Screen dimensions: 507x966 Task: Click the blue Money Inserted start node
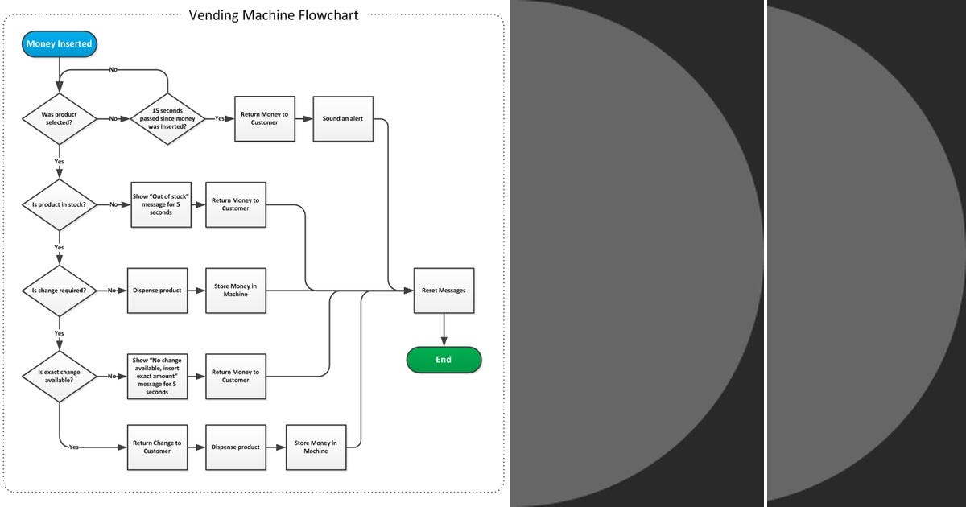[x=60, y=43]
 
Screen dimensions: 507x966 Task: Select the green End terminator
[x=444, y=360]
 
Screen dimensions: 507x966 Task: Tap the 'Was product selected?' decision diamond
[x=59, y=118]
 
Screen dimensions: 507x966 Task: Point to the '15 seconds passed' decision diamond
[x=167, y=118]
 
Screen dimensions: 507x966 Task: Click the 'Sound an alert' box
[x=343, y=118]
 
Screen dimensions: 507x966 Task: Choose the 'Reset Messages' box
[x=444, y=290]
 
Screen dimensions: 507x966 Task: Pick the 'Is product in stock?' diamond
[x=59, y=204]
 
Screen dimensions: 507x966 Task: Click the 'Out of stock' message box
[x=160, y=204]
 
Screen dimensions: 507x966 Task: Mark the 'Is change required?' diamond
[x=59, y=290]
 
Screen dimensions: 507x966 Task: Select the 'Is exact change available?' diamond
[x=59, y=376]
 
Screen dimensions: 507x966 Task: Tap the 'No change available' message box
[x=157, y=376]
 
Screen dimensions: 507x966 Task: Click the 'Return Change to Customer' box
[x=157, y=447]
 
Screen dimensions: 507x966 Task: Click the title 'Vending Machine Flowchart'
[x=274, y=14]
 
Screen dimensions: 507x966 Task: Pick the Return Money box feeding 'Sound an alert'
[x=264, y=118]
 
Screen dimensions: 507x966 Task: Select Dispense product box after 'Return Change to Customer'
[x=236, y=447]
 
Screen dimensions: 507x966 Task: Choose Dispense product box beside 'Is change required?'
[x=157, y=290]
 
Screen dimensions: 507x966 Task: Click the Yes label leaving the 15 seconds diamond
[x=220, y=118]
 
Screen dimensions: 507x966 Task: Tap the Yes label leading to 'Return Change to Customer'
[x=74, y=447]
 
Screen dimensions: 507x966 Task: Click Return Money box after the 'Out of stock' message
[x=236, y=204]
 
